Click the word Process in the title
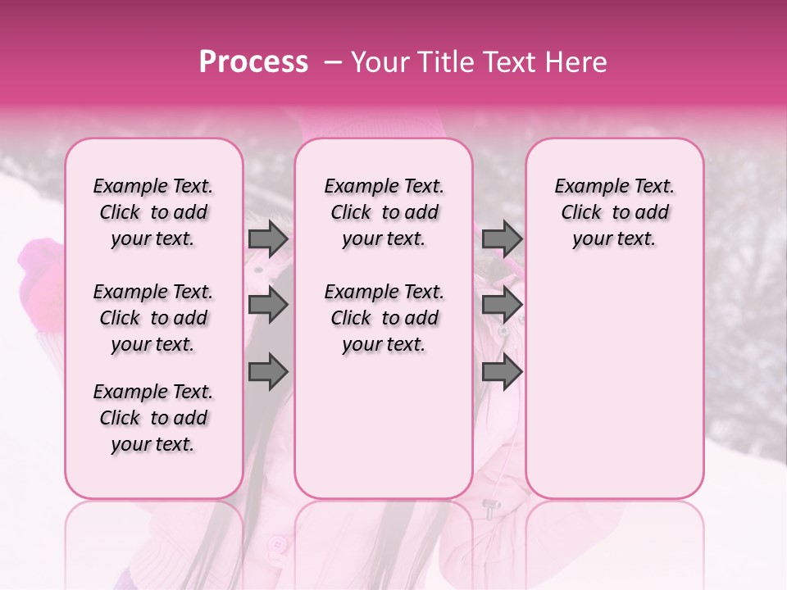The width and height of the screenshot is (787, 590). coord(253,62)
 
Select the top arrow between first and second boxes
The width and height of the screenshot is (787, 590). coord(268,239)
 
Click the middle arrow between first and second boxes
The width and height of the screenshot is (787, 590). coord(268,306)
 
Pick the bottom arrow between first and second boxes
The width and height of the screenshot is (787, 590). coord(268,372)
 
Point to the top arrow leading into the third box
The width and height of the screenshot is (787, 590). coord(502,239)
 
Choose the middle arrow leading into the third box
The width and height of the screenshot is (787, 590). coord(502,306)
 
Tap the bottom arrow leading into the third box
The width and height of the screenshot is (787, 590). coord(502,372)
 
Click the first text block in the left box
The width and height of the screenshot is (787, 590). coord(153,212)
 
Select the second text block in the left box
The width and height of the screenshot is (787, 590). coord(153,318)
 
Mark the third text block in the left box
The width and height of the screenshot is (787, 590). coord(153,418)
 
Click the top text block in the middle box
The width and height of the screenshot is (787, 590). coord(384,212)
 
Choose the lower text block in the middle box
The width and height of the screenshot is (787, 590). coord(384,318)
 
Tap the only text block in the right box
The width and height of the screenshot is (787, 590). coord(615,212)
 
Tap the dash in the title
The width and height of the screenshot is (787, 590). coord(333,62)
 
